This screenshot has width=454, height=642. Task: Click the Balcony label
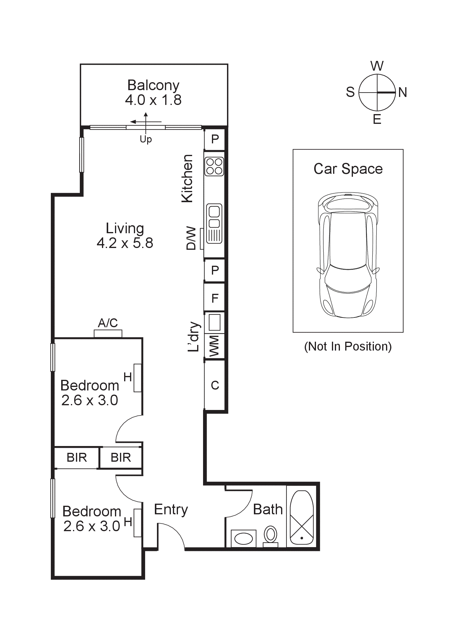(x=153, y=86)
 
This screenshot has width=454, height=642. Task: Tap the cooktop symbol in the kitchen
(x=214, y=166)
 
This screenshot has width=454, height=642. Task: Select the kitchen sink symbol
(x=214, y=223)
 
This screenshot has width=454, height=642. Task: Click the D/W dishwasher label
(x=191, y=238)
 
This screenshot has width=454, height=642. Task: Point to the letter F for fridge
(x=215, y=298)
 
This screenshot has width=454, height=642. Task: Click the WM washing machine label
(x=214, y=346)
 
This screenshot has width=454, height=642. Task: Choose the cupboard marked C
(x=215, y=385)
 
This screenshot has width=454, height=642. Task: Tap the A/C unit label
(x=108, y=323)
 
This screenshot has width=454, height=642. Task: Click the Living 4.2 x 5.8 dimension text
(x=125, y=243)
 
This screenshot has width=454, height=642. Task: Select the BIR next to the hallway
(x=121, y=458)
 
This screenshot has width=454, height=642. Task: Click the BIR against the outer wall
(x=77, y=458)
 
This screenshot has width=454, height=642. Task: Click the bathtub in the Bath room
(x=301, y=518)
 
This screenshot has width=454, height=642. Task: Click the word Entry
(x=171, y=510)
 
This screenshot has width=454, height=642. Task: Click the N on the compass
(x=402, y=93)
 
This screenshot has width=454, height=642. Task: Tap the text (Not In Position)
(x=348, y=346)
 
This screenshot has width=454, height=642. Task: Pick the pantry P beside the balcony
(x=215, y=139)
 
